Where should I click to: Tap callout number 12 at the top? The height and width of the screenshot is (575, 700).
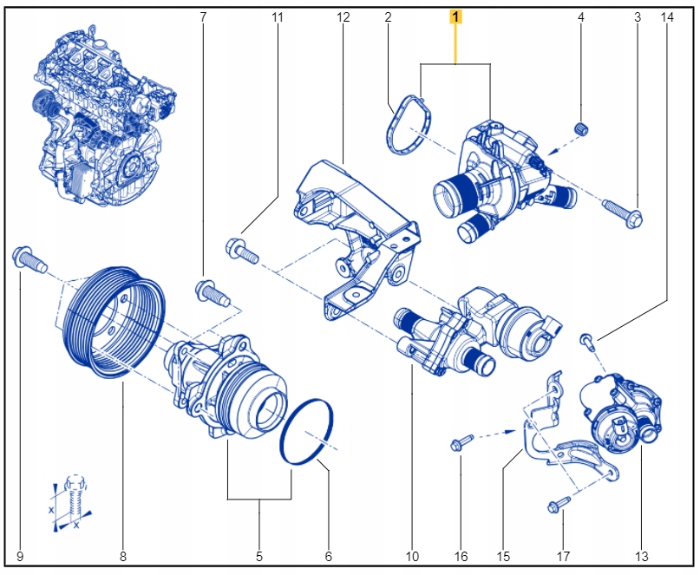(x=343, y=16)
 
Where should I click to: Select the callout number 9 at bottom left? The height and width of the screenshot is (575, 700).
(x=20, y=556)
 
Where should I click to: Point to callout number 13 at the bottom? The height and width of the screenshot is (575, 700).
(x=642, y=556)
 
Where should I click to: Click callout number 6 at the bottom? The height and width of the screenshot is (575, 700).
(x=329, y=556)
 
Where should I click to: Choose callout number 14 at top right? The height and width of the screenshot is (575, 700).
(x=666, y=16)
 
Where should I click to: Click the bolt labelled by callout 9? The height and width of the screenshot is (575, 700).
(x=28, y=258)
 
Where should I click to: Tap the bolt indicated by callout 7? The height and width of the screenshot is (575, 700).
(x=212, y=291)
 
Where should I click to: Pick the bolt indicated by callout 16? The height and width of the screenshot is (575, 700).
(x=461, y=444)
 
